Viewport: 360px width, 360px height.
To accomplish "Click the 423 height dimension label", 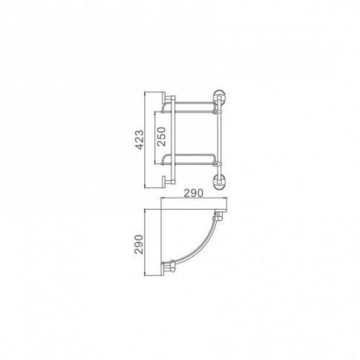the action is click(140, 140).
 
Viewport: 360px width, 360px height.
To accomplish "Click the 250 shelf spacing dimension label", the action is click(161, 137).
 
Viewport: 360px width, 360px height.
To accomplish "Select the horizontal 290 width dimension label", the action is click(194, 193).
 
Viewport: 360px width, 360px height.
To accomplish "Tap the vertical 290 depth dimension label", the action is click(139, 244).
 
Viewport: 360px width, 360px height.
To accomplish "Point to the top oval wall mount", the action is click(220, 96).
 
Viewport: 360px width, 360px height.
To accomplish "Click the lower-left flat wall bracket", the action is click(164, 182).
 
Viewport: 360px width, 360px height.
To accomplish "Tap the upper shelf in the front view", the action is click(189, 107).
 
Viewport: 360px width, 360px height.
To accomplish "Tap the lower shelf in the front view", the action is click(189, 160).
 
